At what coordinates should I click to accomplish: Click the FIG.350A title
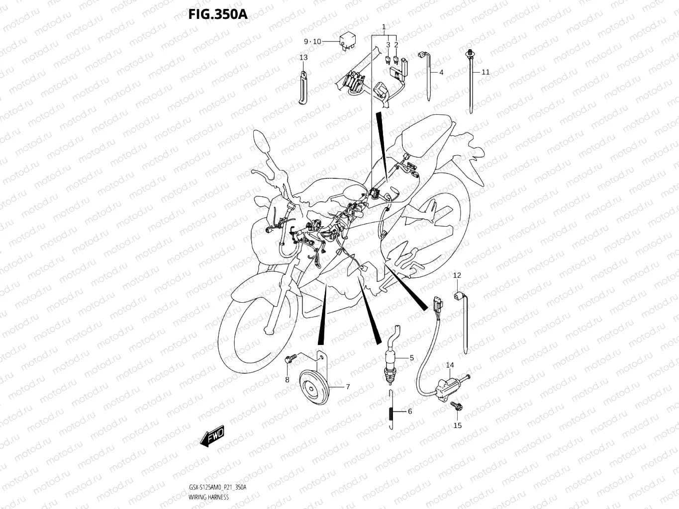pos(217,13)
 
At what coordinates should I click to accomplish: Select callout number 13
pos(303,58)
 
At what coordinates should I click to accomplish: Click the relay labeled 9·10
pos(346,41)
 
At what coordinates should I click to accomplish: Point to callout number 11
pos(485,72)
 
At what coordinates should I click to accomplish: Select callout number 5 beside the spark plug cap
pos(411,358)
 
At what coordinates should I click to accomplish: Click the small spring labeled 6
pos(391,412)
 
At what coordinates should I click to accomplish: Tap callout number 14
pos(450,365)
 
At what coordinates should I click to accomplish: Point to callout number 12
pos(457,275)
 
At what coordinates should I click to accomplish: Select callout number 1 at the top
pos(384,26)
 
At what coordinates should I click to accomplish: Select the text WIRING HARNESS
pos(209,497)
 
